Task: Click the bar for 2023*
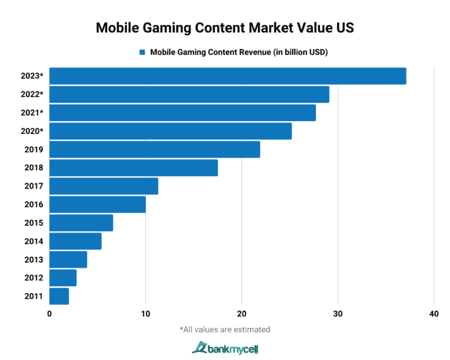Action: (227, 76)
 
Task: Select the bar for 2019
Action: (155, 150)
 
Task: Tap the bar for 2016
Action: (97, 204)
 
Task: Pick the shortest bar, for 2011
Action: (59, 296)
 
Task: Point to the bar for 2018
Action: (134, 168)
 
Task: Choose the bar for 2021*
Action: (182, 113)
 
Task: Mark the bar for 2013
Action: (68, 259)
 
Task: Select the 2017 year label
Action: (33, 186)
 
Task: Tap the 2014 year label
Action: (33, 241)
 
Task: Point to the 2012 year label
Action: (33, 278)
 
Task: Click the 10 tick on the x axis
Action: (145, 314)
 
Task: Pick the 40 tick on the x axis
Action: (434, 314)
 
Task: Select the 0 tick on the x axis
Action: (50, 314)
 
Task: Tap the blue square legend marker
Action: (142, 52)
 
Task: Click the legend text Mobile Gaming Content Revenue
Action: (238, 52)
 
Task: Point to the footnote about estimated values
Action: (225, 330)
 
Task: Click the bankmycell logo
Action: (225, 348)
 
